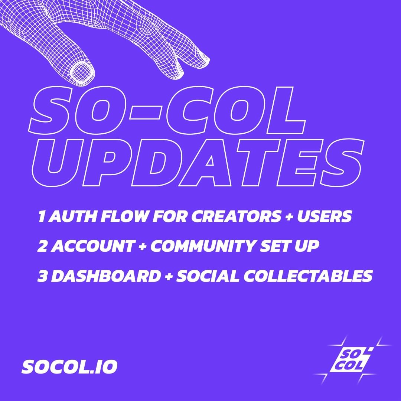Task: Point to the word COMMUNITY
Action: point(203,246)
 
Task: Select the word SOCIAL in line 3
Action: point(208,276)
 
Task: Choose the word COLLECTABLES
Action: point(308,276)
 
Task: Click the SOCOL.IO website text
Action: point(69,367)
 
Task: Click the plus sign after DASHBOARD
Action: point(168,277)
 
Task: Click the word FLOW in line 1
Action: point(124,216)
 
